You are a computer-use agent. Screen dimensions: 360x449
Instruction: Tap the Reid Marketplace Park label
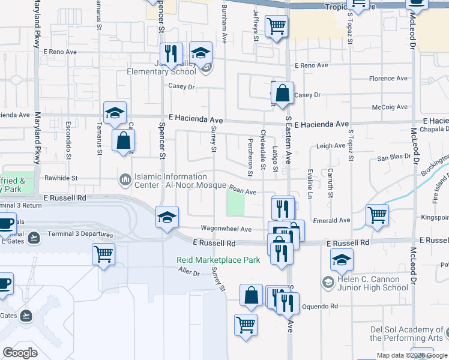click(x=218, y=260)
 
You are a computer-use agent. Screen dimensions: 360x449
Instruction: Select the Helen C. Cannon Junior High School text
click(x=372, y=283)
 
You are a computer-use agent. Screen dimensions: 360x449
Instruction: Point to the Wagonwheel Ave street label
click(x=226, y=229)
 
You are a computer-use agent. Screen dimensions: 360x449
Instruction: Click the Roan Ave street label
click(x=243, y=192)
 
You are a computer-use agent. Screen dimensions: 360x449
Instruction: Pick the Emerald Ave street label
click(x=336, y=220)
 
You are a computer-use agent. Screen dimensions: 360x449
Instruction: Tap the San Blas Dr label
click(x=394, y=158)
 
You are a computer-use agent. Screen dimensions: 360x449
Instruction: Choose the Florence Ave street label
click(x=388, y=79)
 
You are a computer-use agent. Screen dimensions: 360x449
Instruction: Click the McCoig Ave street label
click(x=390, y=107)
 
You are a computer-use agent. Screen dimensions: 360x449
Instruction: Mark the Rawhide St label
click(x=61, y=178)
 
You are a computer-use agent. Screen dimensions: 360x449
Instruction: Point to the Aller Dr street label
click(x=188, y=272)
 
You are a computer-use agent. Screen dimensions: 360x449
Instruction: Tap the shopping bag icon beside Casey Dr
click(x=282, y=94)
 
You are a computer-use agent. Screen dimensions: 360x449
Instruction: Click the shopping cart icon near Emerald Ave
click(x=376, y=215)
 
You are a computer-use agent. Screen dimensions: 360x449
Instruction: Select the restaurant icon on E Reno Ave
click(x=172, y=54)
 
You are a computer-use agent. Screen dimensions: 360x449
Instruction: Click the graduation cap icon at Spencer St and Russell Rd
click(x=167, y=217)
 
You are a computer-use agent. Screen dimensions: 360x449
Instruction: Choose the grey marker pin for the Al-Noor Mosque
click(x=125, y=179)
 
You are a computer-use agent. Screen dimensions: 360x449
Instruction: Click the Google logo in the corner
click(x=20, y=353)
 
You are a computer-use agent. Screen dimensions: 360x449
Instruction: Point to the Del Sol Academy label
click(x=406, y=334)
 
